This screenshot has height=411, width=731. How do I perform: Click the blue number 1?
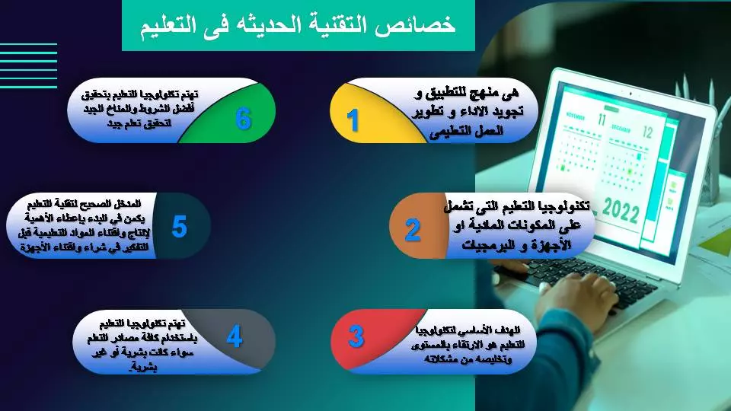[x=353, y=120]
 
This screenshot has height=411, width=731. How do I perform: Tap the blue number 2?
[x=412, y=229]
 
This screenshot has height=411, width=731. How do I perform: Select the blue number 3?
[x=356, y=336]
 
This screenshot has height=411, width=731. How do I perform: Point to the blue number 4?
[x=235, y=336]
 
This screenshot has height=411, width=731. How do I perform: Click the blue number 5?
[x=179, y=227]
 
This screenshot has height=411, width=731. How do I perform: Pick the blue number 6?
[x=243, y=119]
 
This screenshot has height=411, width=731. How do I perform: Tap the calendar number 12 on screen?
[x=648, y=132]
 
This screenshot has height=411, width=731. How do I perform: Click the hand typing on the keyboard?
[x=579, y=297]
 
